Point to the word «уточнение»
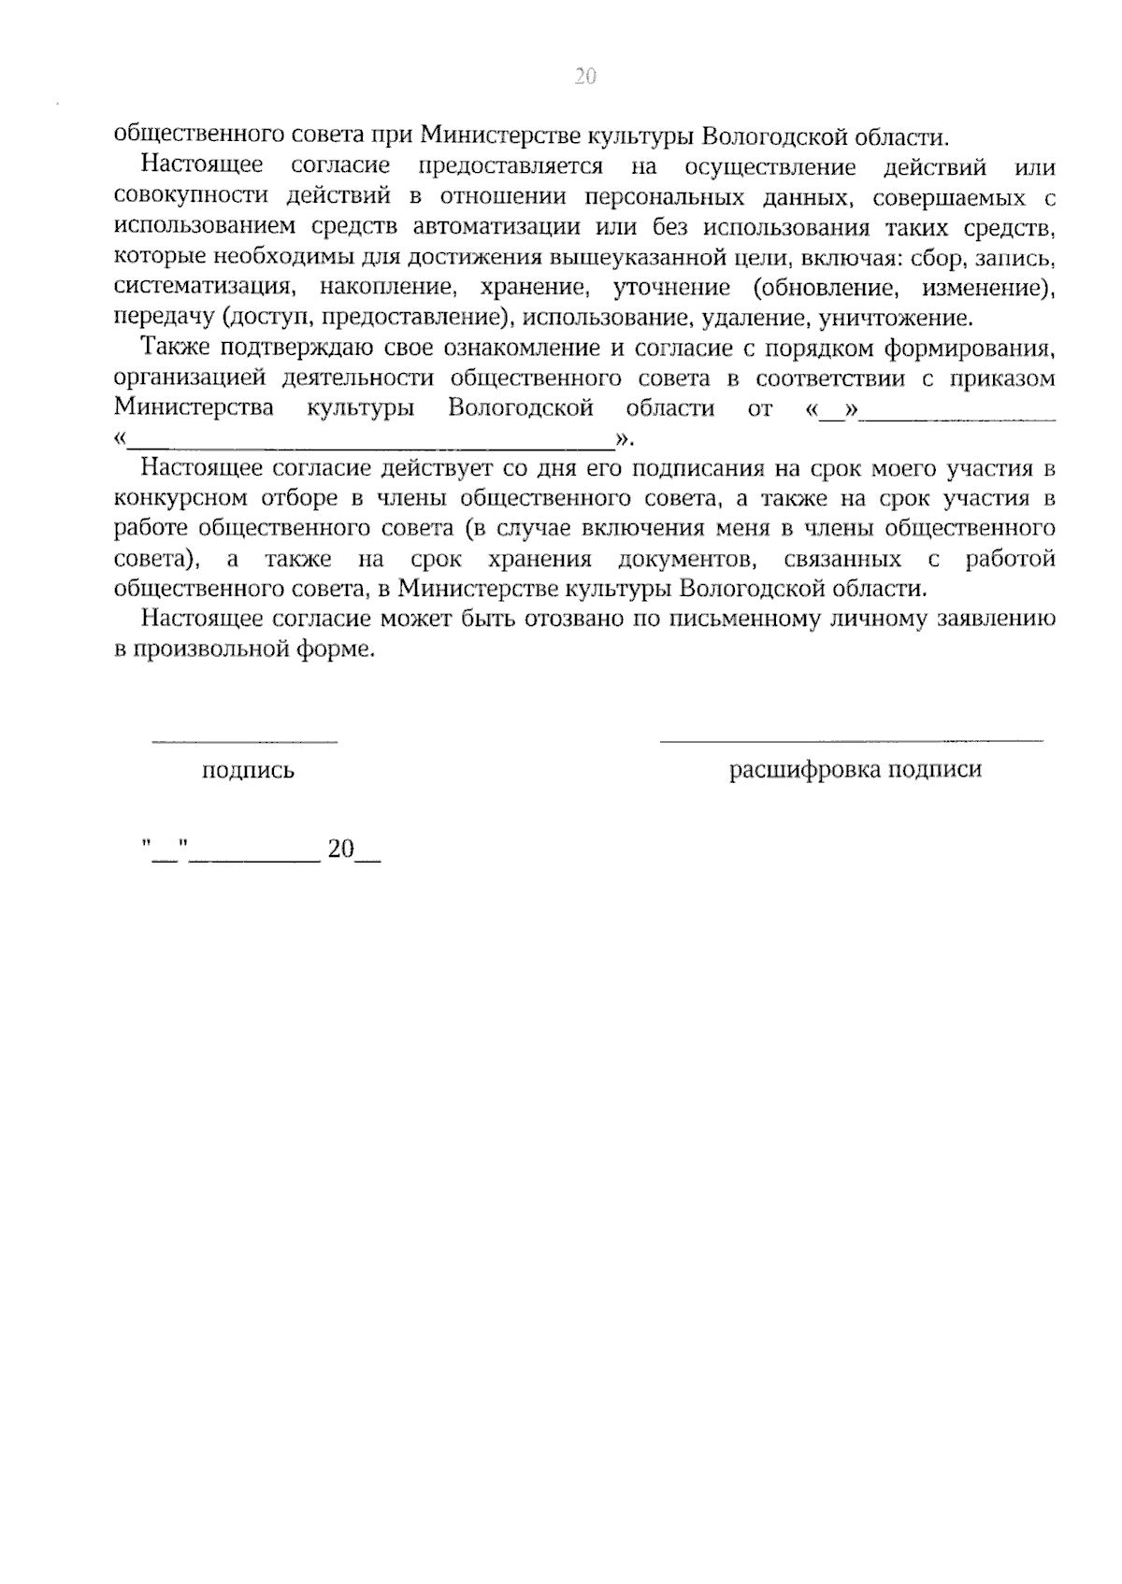671,287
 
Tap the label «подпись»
248,771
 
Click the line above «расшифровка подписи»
851,741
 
